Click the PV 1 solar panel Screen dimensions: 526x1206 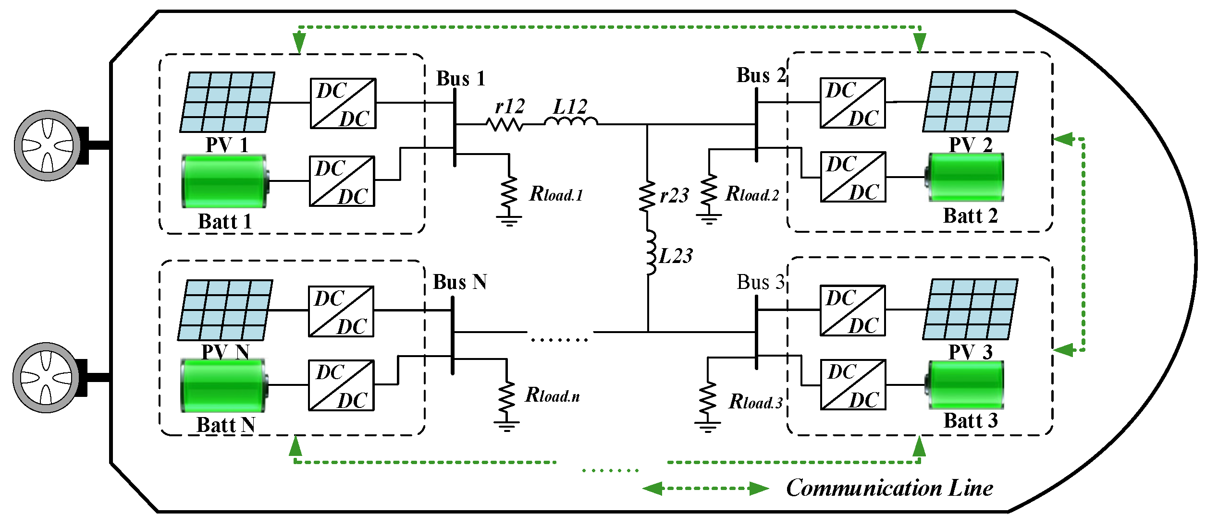pyautogui.click(x=227, y=102)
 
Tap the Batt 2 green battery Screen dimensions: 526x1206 pyautogui.click(x=966, y=177)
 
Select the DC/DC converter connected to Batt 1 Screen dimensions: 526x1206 pyautogui.click(x=342, y=181)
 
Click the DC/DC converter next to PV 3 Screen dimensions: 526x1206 pyautogui.click(x=852, y=311)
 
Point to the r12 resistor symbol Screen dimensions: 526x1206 pyautogui.click(x=504, y=125)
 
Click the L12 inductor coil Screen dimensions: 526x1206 pyautogui.click(x=570, y=122)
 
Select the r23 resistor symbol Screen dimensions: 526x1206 pyautogui.click(x=647, y=196)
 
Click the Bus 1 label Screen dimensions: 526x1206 pyautogui.click(x=460, y=79)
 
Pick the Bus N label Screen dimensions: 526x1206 pyautogui.click(x=459, y=282)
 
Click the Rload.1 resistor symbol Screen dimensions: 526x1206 pyautogui.click(x=509, y=192)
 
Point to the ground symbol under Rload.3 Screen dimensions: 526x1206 pyautogui.click(x=707, y=426)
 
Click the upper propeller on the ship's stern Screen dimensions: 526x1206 pyautogui.click(x=47, y=145)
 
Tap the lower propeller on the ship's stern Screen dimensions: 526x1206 pyautogui.click(x=46, y=378)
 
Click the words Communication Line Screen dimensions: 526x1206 pyautogui.click(x=889, y=489)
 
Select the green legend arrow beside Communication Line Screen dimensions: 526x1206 pyautogui.click(x=705, y=489)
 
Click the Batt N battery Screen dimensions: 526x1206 pyautogui.click(x=224, y=385)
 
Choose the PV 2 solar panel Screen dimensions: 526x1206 pyautogui.click(x=970, y=102)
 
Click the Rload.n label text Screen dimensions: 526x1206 pyautogui.click(x=553, y=395)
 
